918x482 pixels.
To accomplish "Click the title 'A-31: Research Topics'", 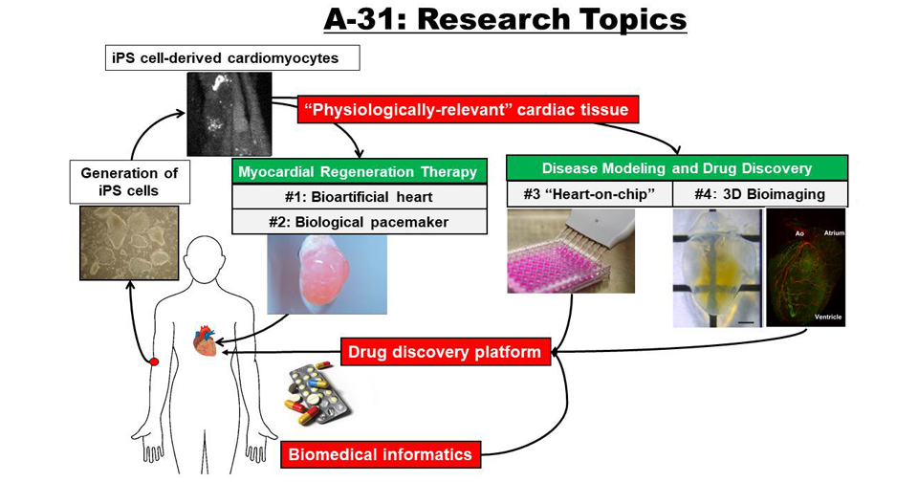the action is coord(505,19).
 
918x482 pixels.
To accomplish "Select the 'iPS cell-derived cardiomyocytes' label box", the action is coord(232,58).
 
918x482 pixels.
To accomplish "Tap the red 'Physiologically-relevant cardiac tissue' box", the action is coord(469,110).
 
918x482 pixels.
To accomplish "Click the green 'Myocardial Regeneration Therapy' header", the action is coord(360,172).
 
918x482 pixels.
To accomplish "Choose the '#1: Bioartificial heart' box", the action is coord(360,197).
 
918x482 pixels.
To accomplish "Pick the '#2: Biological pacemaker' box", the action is coord(360,222).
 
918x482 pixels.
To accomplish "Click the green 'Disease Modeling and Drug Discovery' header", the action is coord(677,168).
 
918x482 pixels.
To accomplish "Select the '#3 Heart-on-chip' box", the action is coord(589,194).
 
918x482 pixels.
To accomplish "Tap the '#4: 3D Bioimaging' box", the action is coord(760,194).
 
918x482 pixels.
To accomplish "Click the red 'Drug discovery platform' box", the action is coord(446,352).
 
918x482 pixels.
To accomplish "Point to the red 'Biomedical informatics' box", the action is coord(381,454).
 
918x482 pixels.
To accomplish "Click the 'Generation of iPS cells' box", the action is coord(129,182).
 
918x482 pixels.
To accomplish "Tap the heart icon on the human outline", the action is coord(205,340).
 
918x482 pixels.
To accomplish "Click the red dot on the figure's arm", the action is coord(154,361).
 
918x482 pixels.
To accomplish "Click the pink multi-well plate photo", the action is coord(571,251).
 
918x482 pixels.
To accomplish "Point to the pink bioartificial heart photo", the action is coord(327,274).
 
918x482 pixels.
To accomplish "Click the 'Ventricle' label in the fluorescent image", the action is coord(828,317).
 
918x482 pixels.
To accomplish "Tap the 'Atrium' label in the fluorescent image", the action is coord(834,233).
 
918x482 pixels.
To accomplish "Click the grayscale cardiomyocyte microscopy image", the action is coord(229,114).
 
